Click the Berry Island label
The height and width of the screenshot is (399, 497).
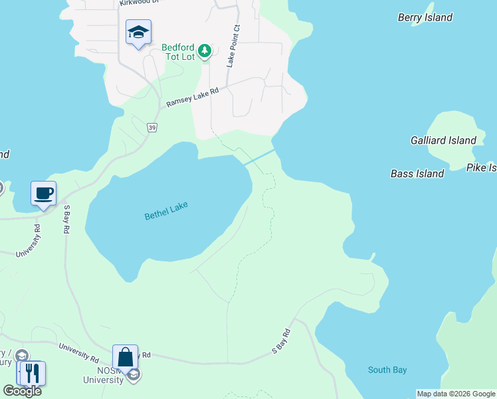click(x=425, y=17)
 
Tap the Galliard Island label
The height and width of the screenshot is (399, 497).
click(x=443, y=140)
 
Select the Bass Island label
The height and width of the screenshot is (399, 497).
click(x=417, y=174)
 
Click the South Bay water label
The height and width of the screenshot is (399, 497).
click(x=387, y=370)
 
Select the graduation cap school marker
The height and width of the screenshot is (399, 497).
click(x=138, y=32)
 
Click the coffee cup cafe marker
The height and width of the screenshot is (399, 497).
click(x=44, y=194)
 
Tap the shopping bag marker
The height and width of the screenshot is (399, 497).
click(x=125, y=358)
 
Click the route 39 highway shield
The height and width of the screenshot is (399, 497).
click(x=152, y=128)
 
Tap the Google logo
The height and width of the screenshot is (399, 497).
click(x=22, y=391)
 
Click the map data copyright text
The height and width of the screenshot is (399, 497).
click(x=456, y=394)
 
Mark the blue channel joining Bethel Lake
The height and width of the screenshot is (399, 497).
click(x=260, y=158)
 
